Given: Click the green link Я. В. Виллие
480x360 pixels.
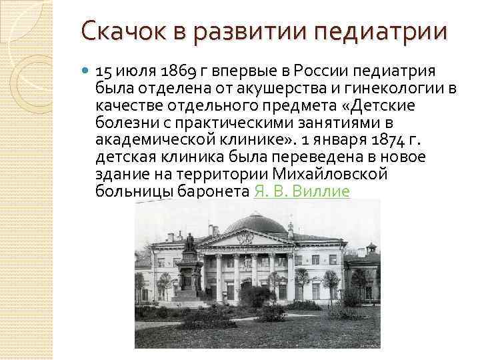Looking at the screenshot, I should [302, 191].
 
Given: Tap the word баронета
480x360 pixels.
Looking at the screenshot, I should [214, 191].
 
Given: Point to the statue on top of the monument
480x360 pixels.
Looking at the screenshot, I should [189, 242].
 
